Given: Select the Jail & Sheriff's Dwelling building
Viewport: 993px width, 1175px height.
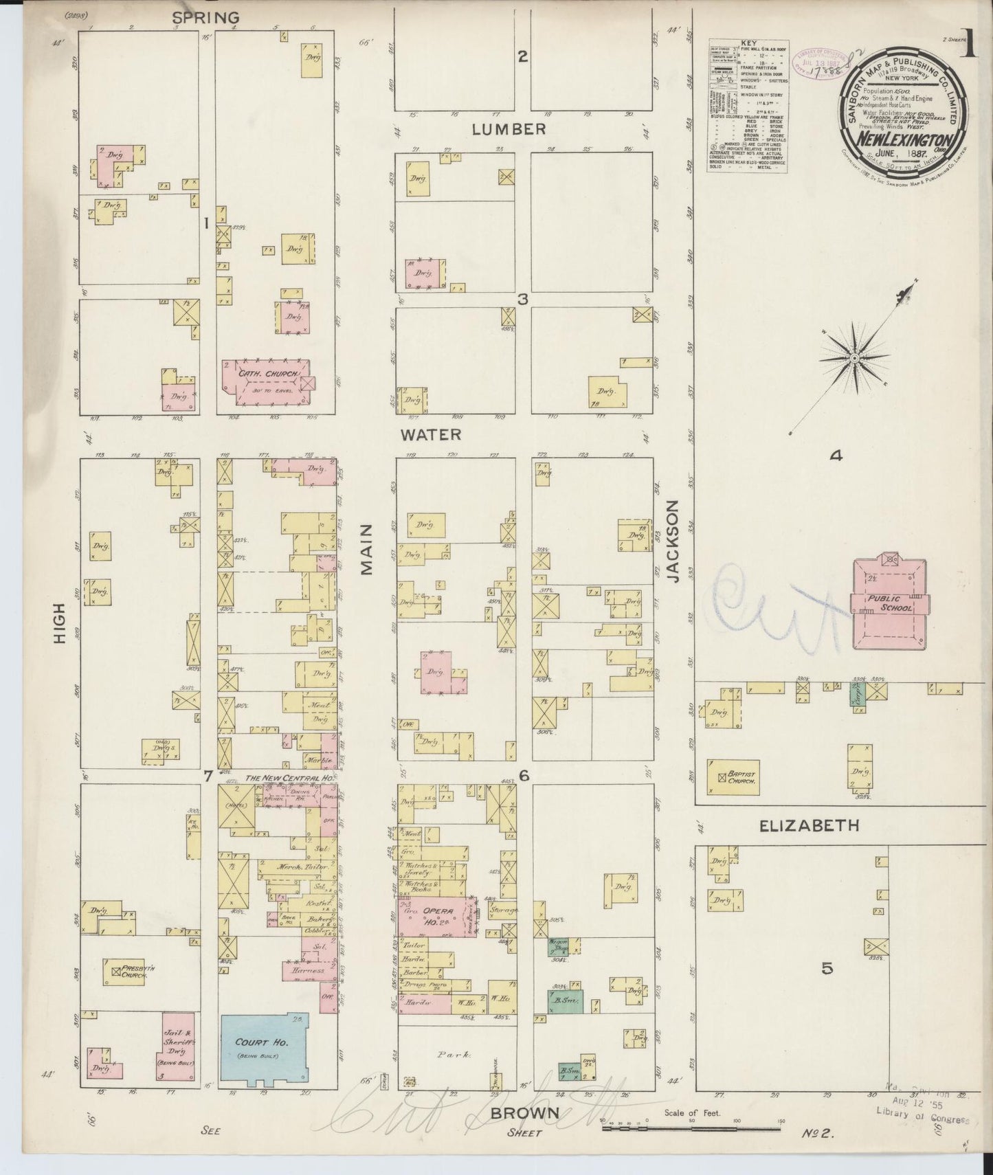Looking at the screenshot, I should [x=177, y=1048].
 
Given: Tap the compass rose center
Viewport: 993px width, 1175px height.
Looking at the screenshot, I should [x=854, y=359].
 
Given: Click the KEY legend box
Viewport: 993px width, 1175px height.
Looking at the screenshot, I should [x=748, y=107].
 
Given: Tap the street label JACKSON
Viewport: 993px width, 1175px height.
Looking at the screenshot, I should [x=673, y=541].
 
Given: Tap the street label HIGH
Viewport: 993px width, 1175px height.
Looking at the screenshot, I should [x=60, y=623].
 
